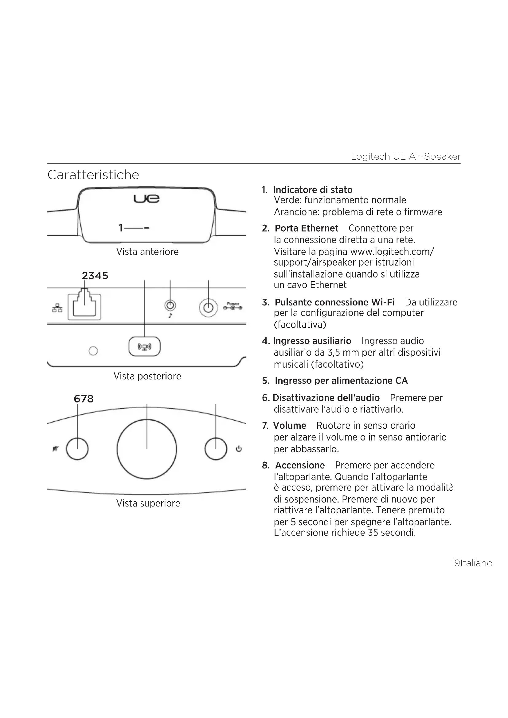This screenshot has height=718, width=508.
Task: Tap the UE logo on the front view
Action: click(x=147, y=199)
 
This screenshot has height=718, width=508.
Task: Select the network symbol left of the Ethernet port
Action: click(x=57, y=308)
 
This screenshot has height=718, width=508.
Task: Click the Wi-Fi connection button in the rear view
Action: click(x=145, y=347)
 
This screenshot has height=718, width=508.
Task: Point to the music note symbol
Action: click(x=170, y=316)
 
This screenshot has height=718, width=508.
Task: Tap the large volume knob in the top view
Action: click(x=147, y=449)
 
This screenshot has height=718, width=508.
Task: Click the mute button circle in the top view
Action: click(x=77, y=449)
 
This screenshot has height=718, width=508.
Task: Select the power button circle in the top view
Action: click(x=216, y=449)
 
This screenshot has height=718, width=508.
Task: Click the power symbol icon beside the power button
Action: click(x=239, y=449)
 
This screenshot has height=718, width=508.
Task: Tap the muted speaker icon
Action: click(x=55, y=449)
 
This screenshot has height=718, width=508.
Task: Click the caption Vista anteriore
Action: click(x=147, y=252)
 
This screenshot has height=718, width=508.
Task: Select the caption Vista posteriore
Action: click(x=147, y=376)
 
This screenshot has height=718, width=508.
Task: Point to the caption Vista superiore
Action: click(x=148, y=503)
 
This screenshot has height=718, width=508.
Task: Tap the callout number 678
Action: click(x=84, y=399)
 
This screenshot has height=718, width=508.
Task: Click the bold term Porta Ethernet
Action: click(x=306, y=228)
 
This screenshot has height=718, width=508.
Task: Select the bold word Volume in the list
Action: click(x=289, y=425)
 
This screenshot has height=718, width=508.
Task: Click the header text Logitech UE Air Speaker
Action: click(x=405, y=156)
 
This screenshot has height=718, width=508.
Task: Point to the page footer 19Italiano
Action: click(x=472, y=563)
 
